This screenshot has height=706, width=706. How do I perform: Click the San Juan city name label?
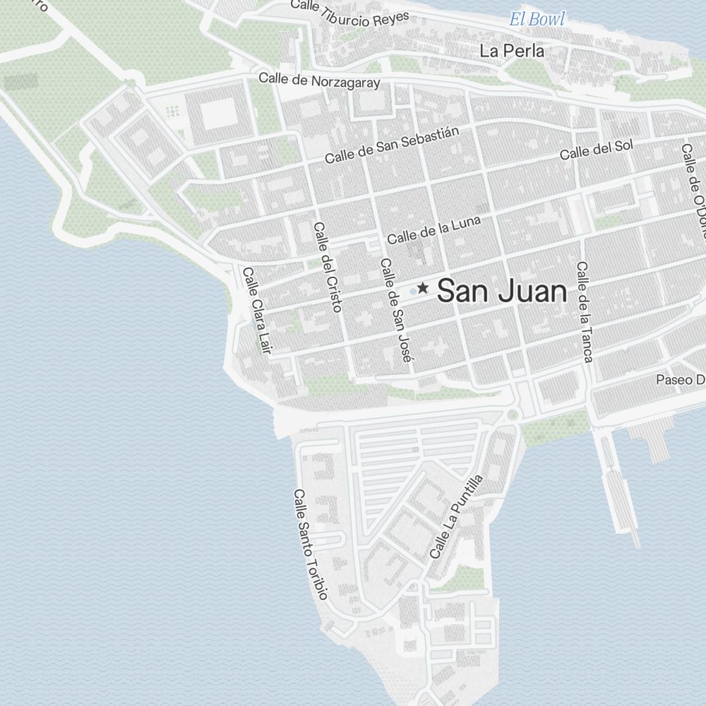pyautogui.click(x=502, y=291)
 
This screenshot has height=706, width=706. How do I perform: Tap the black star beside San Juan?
pyautogui.click(x=422, y=288)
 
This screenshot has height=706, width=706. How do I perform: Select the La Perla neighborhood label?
pyautogui.click(x=512, y=51)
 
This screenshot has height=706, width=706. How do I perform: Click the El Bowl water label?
pyautogui.click(x=537, y=19)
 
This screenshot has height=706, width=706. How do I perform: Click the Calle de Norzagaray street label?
pyautogui.click(x=319, y=80)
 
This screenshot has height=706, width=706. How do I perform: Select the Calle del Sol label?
pyautogui.click(x=597, y=150)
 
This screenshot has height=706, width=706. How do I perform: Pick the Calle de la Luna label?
pyautogui.click(x=433, y=229)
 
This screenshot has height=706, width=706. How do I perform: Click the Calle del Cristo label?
pyautogui.click(x=328, y=267)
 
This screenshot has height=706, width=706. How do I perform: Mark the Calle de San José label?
pyautogui.click(x=395, y=310)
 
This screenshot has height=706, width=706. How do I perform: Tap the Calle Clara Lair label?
pyautogui.click(x=256, y=310)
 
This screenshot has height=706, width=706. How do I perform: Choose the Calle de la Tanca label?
pyautogui.click(x=583, y=311)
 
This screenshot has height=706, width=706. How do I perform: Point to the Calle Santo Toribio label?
pyautogui.click(x=311, y=544)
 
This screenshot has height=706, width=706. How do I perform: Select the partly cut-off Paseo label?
pyautogui.click(x=681, y=380)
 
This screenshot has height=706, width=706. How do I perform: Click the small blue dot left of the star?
pyautogui.click(x=413, y=291)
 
